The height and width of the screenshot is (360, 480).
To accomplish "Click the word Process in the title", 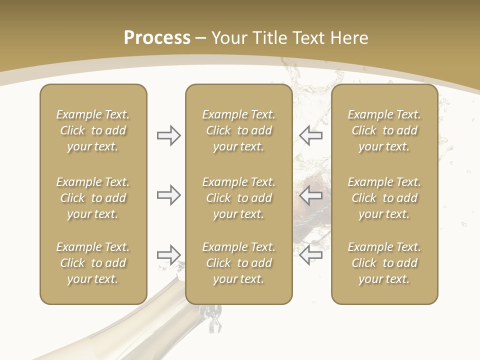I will (157, 38).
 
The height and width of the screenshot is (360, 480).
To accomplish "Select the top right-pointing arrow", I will (168, 135).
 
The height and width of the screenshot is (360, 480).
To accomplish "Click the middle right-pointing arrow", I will (168, 195).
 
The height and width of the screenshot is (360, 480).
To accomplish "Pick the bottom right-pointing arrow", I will (168, 255).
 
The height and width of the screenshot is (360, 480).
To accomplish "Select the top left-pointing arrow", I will (310, 135).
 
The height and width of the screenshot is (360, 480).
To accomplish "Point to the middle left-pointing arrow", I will (310, 195).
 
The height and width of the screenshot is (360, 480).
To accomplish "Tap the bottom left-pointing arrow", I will (310, 255).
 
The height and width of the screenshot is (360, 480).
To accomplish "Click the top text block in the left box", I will (93, 130).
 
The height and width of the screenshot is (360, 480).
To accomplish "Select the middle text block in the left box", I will (93, 198).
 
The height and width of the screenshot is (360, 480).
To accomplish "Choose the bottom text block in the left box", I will (93, 263).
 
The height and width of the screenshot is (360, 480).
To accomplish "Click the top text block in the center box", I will (238, 130).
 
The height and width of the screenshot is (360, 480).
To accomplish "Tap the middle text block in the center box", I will (238, 198).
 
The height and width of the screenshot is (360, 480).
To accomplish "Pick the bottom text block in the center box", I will (238, 263).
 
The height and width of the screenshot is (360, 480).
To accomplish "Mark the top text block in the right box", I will (384, 130).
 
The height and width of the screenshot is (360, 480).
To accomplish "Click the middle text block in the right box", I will (384, 198).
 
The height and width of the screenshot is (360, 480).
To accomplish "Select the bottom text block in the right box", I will (384, 263).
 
